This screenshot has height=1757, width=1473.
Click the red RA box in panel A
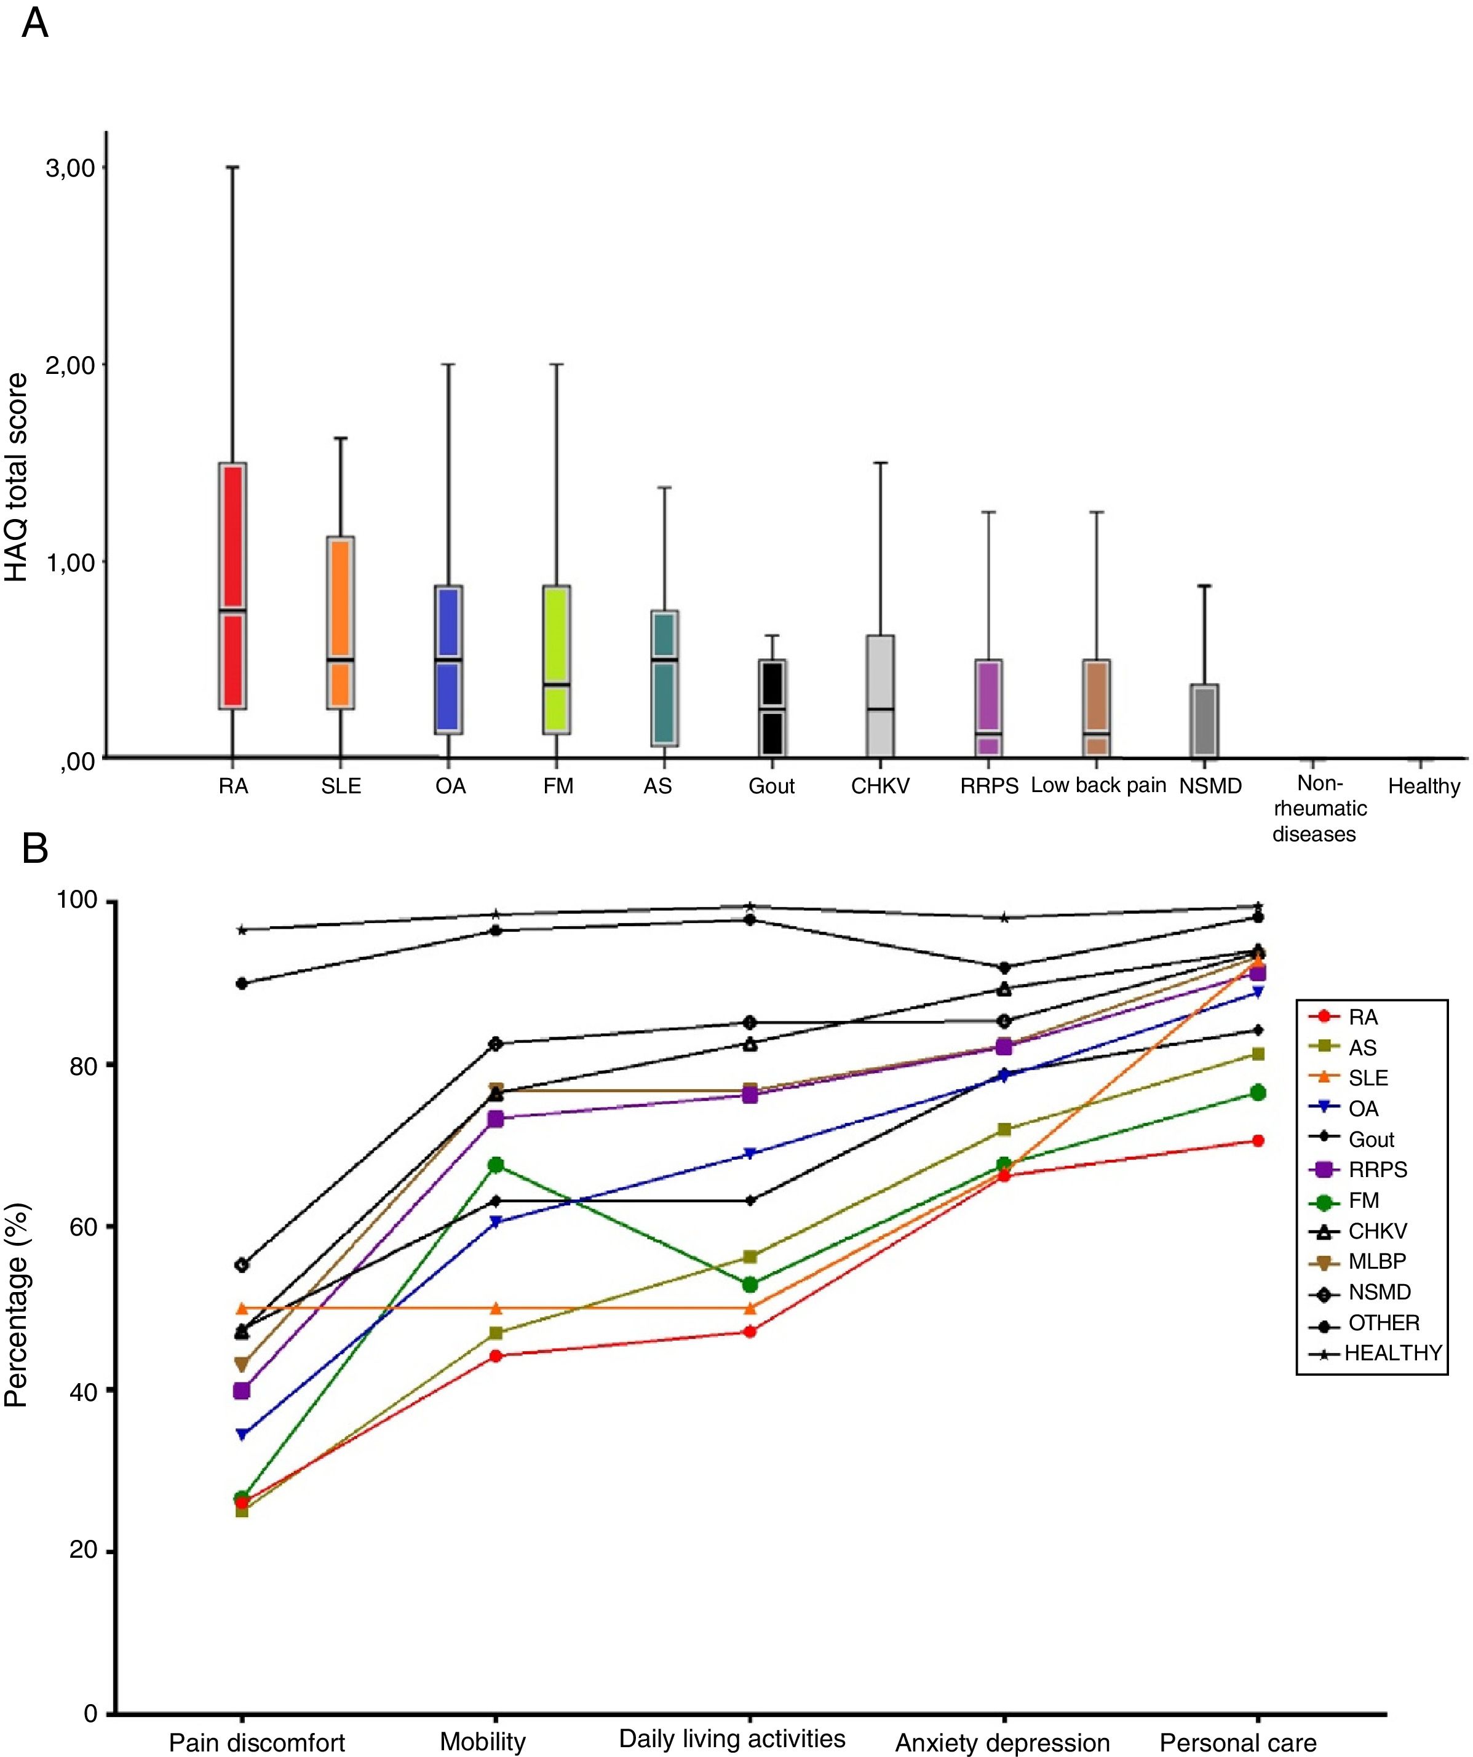point(232,585)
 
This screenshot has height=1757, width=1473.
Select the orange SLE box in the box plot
point(341,622)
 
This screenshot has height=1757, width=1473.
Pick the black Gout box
point(772,707)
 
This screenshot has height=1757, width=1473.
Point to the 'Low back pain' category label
point(1098,785)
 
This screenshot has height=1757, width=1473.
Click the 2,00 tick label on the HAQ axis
point(69,365)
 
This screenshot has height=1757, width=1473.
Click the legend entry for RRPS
point(1378,1170)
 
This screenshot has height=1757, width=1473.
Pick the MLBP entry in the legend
point(1377,1261)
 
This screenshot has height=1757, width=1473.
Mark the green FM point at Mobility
point(496,1165)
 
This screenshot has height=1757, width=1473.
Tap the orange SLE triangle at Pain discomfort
point(242,1307)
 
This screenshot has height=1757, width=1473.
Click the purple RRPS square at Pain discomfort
point(242,1390)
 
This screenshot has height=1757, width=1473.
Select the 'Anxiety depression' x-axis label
point(1003,1743)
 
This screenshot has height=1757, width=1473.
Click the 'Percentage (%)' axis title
point(17,1304)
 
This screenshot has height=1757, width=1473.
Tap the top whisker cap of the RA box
point(232,167)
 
